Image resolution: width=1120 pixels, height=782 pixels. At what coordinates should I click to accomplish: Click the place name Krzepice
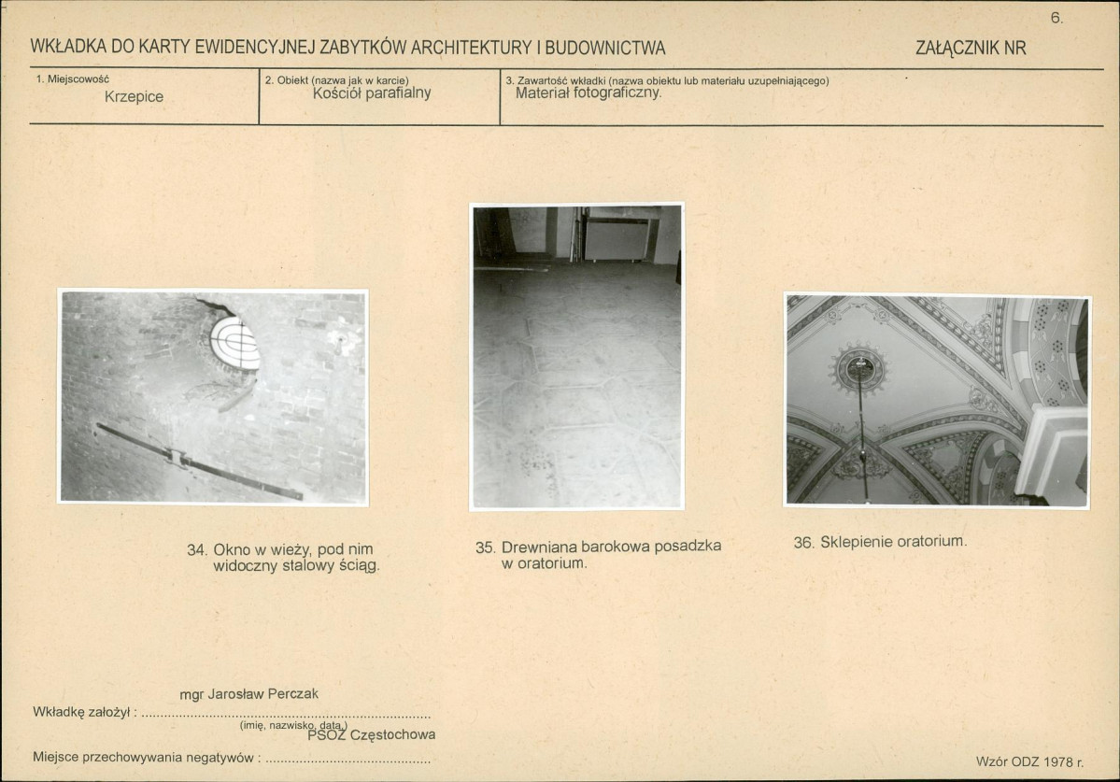click(x=134, y=96)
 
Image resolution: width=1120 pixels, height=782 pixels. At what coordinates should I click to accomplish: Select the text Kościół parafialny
click(x=372, y=92)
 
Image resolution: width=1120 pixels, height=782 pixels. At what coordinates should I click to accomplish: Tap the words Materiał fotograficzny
click(x=588, y=92)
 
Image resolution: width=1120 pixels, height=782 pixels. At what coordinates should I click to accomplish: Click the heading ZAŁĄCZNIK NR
click(x=971, y=48)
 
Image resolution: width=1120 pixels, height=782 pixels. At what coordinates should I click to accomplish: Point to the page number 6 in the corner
click(x=1056, y=19)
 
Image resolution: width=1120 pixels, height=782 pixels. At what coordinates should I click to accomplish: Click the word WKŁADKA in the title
click(x=68, y=47)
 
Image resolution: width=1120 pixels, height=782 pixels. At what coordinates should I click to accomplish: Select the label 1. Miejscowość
click(x=72, y=79)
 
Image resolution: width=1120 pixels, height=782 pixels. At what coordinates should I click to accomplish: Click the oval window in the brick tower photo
click(x=234, y=344)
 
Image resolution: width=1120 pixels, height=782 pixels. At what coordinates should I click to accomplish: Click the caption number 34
click(x=197, y=550)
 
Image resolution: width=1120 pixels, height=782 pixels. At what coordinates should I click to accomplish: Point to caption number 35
click(x=486, y=547)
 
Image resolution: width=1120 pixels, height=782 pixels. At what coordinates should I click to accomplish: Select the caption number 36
click(x=803, y=543)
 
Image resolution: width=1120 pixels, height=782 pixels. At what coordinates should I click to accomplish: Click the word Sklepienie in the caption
click(x=855, y=542)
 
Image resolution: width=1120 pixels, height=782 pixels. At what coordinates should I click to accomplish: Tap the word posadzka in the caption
click(x=688, y=547)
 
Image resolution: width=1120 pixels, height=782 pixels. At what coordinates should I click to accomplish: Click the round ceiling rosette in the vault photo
click(x=859, y=368)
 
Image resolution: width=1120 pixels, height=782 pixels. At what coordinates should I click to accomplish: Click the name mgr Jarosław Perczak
click(x=248, y=693)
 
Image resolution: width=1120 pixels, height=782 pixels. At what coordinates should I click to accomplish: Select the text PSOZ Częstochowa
click(x=372, y=735)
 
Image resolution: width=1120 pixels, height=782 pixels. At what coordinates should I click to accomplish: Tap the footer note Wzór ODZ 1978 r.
click(x=1030, y=762)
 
